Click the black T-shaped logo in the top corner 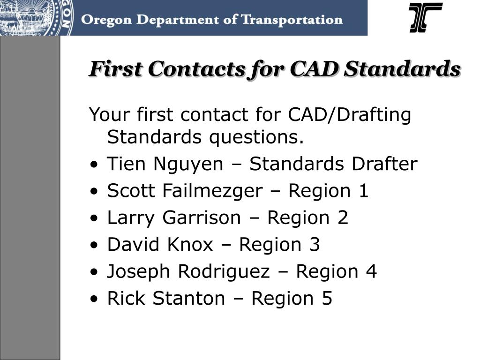[426, 17]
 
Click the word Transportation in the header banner [292, 20]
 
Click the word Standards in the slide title [402, 68]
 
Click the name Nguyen [188, 165]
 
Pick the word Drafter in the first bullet [384, 164]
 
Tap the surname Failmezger [212, 191]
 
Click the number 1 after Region [363, 191]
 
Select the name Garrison [202, 217]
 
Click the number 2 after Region [343, 217]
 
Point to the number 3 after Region [315, 245]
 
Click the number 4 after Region [371, 271]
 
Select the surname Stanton [189, 299]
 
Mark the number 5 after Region [327, 299]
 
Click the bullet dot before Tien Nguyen [94, 165]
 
